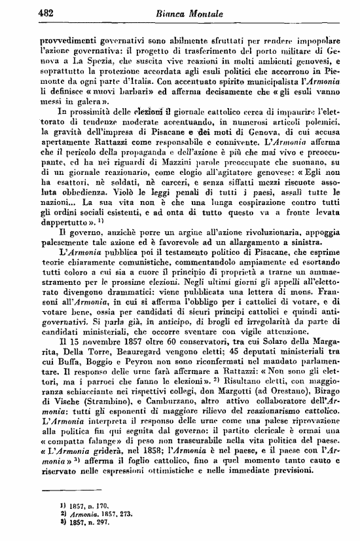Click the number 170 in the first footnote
click(102, 505)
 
